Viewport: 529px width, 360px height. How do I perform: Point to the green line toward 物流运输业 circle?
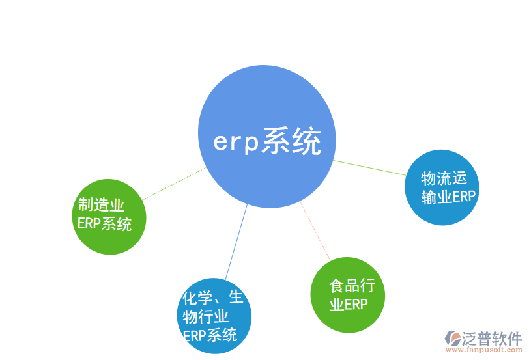(x=369, y=167)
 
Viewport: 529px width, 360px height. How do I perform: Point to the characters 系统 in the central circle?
(x=291, y=142)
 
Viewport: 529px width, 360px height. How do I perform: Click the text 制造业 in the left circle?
(x=101, y=206)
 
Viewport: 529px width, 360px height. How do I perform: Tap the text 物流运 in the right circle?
(x=444, y=178)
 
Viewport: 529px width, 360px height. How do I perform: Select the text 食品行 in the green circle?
(x=352, y=286)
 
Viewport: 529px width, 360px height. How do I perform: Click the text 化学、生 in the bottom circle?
(x=212, y=298)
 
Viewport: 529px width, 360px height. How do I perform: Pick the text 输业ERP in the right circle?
(x=448, y=197)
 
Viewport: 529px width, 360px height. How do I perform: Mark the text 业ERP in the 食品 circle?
(x=349, y=305)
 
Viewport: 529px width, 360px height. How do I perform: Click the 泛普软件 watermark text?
(x=492, y=338)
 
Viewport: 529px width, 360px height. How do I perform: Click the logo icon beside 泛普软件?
(x=452, y=338)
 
